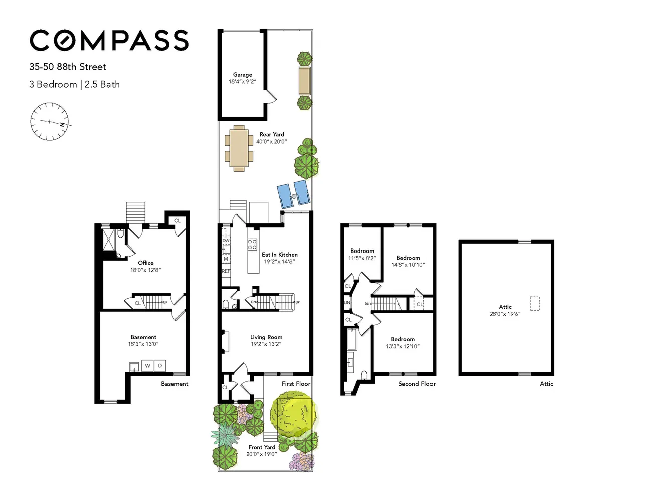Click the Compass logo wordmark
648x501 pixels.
pos(109,40)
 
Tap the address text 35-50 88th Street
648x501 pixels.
pos(68,67)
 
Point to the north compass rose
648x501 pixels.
pos(50,121)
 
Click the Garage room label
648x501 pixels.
pos(242,75)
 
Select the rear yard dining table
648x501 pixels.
pos(239,148)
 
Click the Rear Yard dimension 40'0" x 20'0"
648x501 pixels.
pos(271,142)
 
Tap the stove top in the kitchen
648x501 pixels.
pos(252,244)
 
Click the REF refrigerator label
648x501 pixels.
pos(226,271)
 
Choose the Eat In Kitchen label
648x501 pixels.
pos(280,254)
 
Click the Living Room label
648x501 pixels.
pos(266,337)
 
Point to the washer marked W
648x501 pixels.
pos(148,366)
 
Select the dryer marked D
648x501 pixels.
pos(160,366)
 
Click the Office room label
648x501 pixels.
pos(145,263)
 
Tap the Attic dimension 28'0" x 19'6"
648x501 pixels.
pos(505,314)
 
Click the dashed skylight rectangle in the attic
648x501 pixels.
pos(534,304)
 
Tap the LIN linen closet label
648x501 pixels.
pos(347,303)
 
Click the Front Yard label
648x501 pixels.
pos(262,447)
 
